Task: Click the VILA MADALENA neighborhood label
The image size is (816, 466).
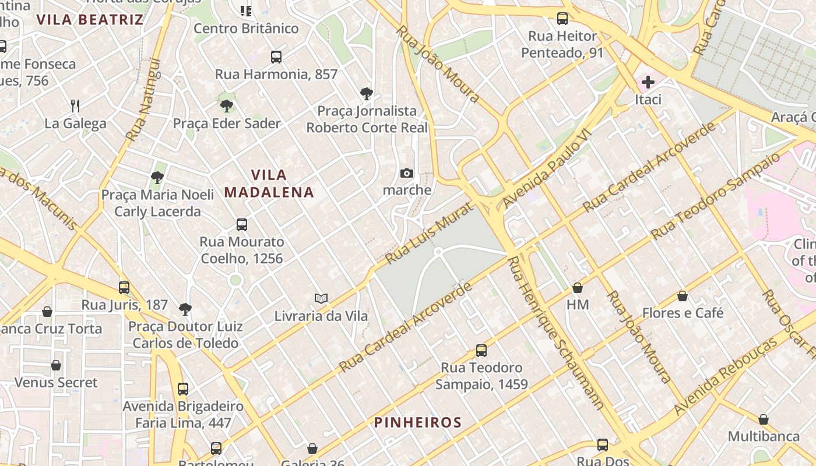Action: tap(269, 183)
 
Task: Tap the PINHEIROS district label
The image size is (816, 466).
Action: tap(418, 422)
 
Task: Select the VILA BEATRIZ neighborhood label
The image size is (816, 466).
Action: tap(90, 20)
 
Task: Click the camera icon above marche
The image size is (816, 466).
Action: tap(407, 173)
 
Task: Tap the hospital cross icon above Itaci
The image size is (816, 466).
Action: tap(648, 82)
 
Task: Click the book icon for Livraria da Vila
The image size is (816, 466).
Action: tap(321, 298)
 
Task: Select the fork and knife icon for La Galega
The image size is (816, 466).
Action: tap(75, 105)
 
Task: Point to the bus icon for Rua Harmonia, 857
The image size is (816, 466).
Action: tap(276, 57)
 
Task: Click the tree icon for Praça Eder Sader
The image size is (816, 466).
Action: tap(227, 105)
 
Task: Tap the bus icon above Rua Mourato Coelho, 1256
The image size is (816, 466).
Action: tap(242, 224)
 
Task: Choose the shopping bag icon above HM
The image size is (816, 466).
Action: tap(578, 288)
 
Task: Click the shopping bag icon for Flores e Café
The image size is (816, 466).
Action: tap(683, 296)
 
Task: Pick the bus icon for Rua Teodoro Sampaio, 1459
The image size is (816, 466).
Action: tap(481, 351)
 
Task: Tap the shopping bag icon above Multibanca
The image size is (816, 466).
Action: tap(764, 419)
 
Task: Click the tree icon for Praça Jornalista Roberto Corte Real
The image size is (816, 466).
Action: tap(367, 93)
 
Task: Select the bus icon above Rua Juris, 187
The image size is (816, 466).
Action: tap(124, 288)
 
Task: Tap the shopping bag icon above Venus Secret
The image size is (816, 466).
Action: tap(56, 365)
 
